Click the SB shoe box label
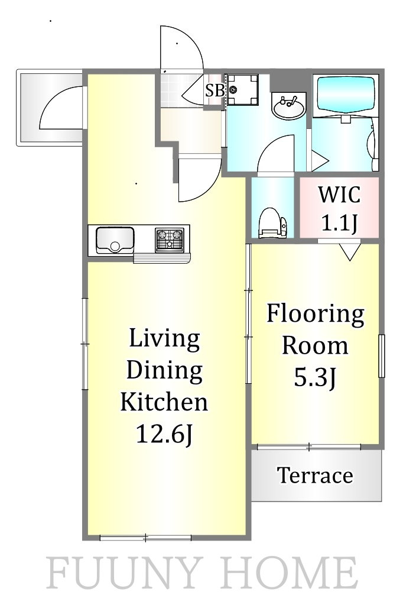point(215,90)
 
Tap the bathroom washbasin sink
point(289,106)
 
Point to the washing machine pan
point(242,90)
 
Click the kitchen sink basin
point(115,240)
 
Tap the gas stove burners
point(170,240)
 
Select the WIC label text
point(339,195)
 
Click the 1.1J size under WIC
point(339,222)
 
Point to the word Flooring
point(316,315)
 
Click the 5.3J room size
point(316,377)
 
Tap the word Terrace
point(315,475)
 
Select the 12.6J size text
point(164,434)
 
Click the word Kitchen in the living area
point(164,402)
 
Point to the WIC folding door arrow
point(350,252)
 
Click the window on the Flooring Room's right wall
point(381,356)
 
